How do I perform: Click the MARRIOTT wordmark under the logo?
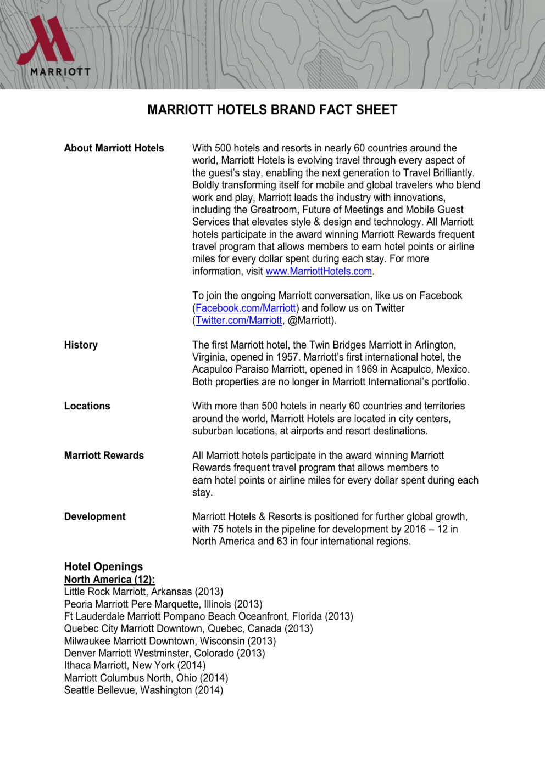click(60, 71)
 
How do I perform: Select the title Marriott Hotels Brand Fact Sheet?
click(272, 110)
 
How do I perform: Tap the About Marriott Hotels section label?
click(114, 148)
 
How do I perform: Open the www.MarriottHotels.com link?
click(319, 271)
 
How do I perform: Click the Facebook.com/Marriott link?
click(246, 308)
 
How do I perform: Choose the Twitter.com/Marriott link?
click(239, 321)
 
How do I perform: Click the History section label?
click(81, 345)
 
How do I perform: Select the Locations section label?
click(87, 406)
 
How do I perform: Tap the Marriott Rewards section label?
click(104, 456)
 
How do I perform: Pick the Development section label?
click(94, 517)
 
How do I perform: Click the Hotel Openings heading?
click(103, 567)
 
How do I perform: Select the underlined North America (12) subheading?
click(109, 580)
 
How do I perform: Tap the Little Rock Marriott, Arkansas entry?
click(143, 592)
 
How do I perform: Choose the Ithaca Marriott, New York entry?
click(135, 666)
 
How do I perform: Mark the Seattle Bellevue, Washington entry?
click(143, 690)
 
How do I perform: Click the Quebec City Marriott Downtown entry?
click(188, 628)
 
